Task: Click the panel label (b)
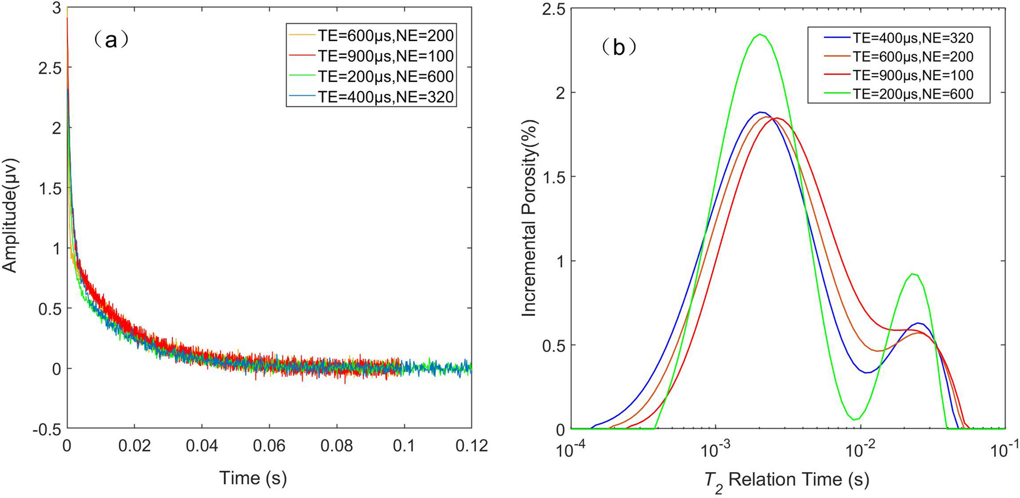coord(618,47)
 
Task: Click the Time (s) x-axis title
coord(252,478)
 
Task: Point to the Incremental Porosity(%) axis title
coord(528,218)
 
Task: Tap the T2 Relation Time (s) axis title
coord(786,479)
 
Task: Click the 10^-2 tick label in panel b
coord(860,450)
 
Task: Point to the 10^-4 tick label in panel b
coord(570,450)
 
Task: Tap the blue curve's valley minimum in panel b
coord(867,372)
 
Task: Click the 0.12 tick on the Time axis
coord(471,446)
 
